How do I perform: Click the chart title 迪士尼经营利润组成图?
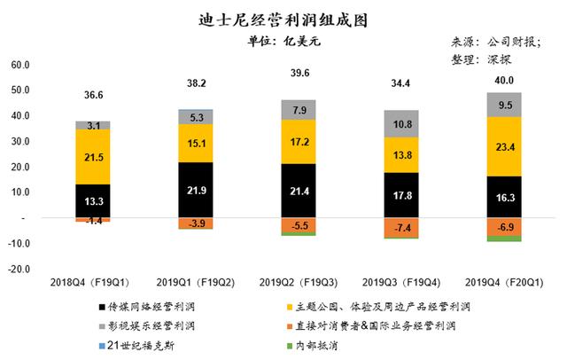(x=283, y=19)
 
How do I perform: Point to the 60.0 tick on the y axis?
(x=19, y=66)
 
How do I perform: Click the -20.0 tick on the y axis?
(x=19, y=268)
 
